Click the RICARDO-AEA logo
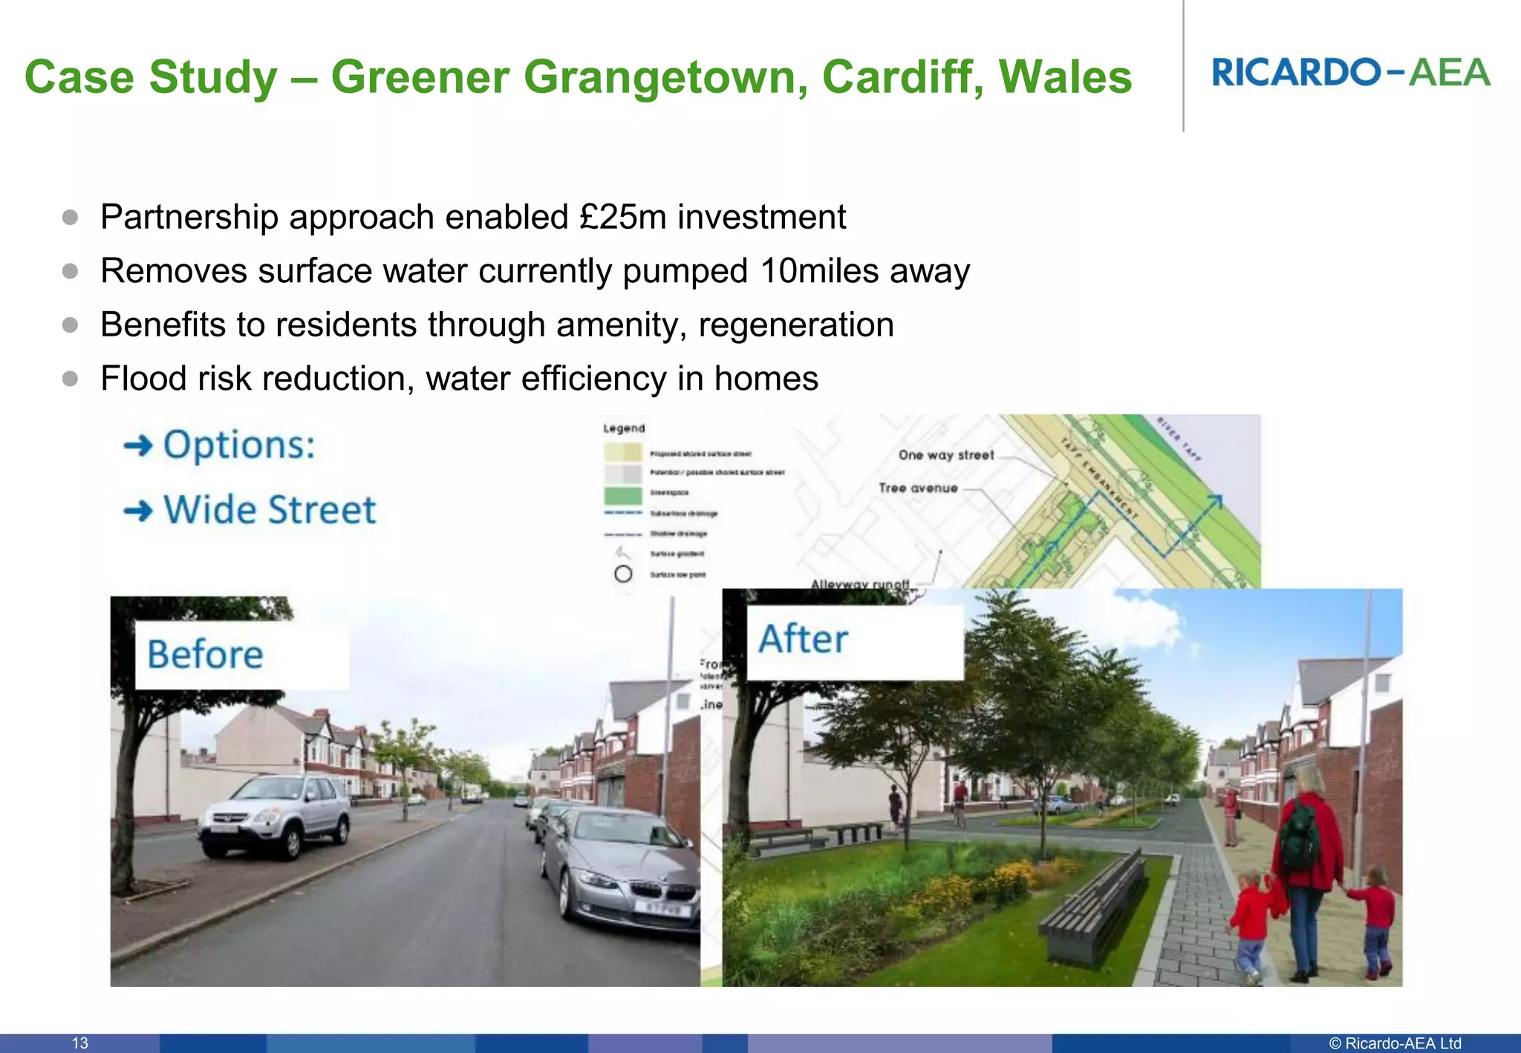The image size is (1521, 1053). pyautogui.click(x=1350, y=73)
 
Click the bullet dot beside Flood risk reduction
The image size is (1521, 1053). pyautogui.click(x=71, y=379)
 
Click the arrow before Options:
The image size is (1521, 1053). pyautogui.click(x=138, y=446)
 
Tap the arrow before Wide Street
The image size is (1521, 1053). pyautogui.click(x=138, y=510)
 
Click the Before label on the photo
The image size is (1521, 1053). pyautogui.click(x=206, y=654)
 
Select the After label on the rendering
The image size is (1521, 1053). pyautogui.click(x=803, y=639)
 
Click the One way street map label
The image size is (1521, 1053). pyautogui.click(x=945, y=454)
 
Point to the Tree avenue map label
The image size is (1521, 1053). pyautogui.click(x=918, y=488)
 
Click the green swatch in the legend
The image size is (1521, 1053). pyautogui.click(x=622, y=495)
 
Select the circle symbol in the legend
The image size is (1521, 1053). pyautogui.click(x=623, y=574)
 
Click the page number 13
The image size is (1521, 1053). pyautogui.click(x=80, y=1043)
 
